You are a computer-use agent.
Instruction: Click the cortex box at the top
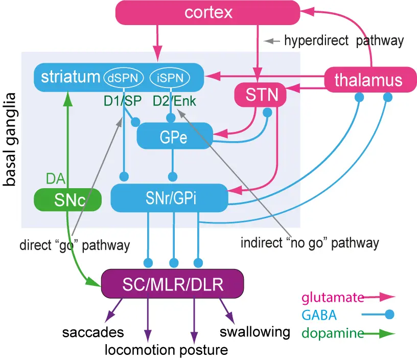coord(208,12)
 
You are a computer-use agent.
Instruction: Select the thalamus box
coord(368,80)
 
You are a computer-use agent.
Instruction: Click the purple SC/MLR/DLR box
coord(172,284)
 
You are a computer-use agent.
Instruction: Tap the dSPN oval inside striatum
coord(120,78)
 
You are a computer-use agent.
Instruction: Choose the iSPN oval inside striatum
coord(170,78)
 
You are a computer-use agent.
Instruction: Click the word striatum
coord(71,77)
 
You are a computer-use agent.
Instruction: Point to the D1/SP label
coord(122,101)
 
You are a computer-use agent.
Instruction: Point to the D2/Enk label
coord(175,101)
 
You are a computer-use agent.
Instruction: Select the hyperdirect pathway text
coord(343,40)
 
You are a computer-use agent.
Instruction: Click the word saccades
coord(93,332)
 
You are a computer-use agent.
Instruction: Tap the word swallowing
coord(255,331)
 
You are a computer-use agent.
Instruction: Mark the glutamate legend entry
coord(333,297)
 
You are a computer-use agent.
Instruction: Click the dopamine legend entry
coord(333,333)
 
